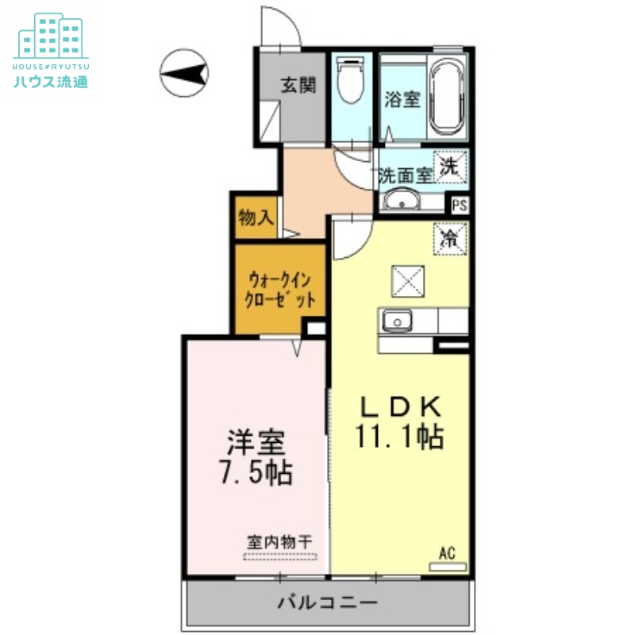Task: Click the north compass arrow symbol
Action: click(183, 74)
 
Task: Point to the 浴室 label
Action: click(402, 101)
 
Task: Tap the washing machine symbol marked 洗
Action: click(450, 167)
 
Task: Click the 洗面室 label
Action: click(405, 175)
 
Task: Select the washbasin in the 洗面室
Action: click(402, 202)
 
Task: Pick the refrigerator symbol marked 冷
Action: click(450, 239)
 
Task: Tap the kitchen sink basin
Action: click(394, 321)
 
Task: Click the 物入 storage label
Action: click(256, 217)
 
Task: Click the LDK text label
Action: click(401, 407)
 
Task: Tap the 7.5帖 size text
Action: click(255, 473)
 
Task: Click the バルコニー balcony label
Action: click(326, 602)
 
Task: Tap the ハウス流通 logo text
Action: click(50, 81)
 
